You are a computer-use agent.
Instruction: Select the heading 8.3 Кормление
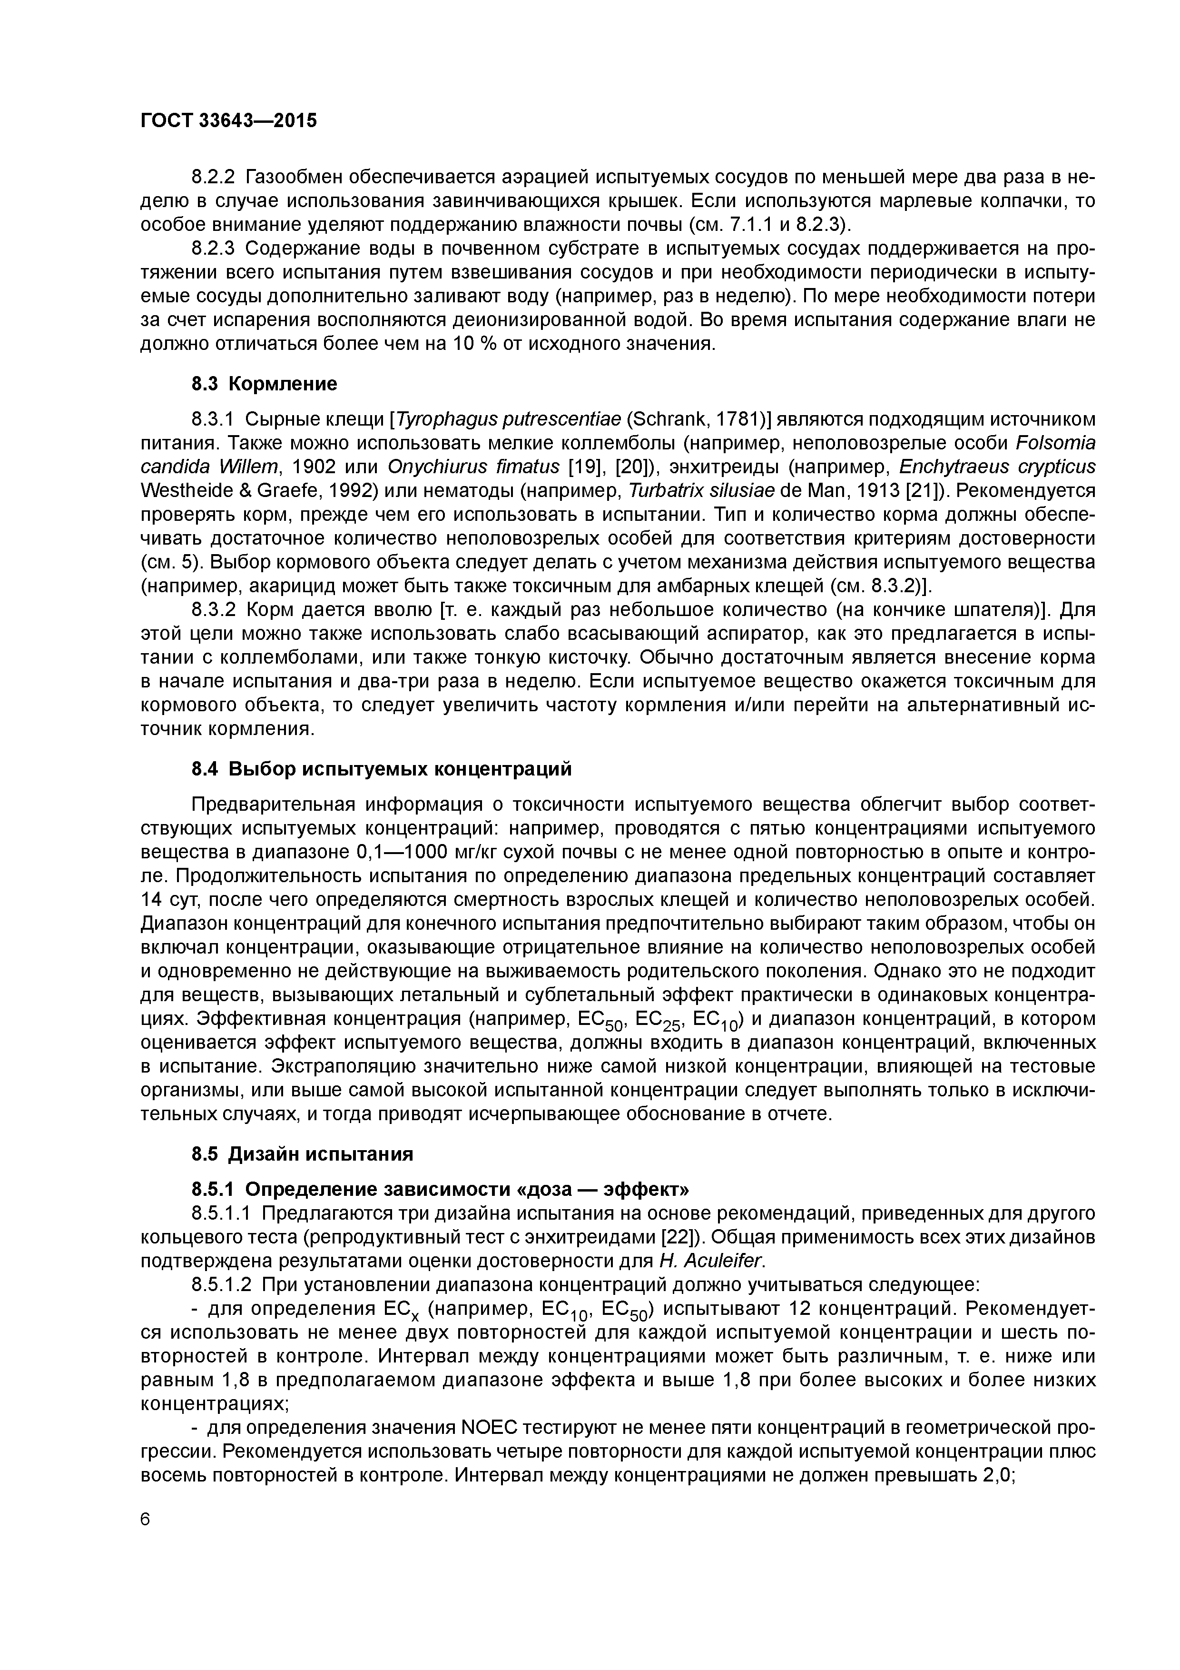tap(265, 383)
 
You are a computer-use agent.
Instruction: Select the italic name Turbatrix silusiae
tap(702, 491)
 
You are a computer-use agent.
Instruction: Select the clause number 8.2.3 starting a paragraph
tap(214, 249)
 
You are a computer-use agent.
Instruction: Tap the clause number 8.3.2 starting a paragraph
tap(214, 609)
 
